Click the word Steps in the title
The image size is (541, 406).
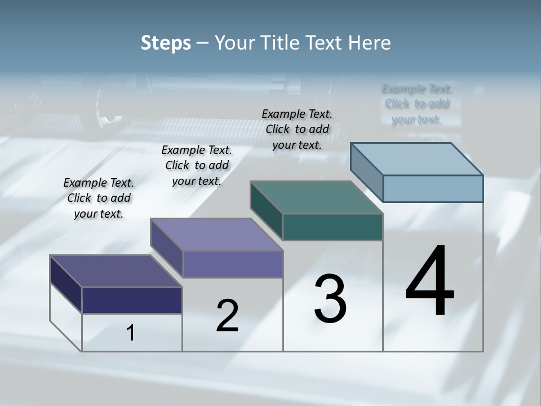pos(166,43)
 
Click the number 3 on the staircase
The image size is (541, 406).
pos(330,299)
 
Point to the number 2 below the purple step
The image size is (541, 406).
pos(227,316)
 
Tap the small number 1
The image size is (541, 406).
pos(131,333)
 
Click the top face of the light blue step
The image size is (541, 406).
pos(417,158)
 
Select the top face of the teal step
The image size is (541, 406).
pos(317,197)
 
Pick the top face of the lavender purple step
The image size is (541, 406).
pos(216,235)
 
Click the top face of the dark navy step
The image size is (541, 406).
pos(116,271)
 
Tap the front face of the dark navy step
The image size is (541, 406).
pos(132,300)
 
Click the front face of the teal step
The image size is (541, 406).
pos(332,227)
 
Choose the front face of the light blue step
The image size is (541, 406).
pos(433,188)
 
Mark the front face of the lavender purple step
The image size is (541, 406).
pos(232,264)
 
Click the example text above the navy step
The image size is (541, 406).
pos(99,198)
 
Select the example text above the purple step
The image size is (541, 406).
pos(197,165)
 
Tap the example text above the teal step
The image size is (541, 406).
pos(297,129)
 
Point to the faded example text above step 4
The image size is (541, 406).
pos(417,104)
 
